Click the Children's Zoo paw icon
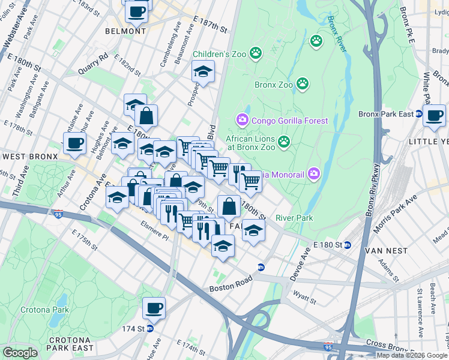pos(256,53)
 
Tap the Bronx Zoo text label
pos(273,85)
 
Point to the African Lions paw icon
pos(284,142)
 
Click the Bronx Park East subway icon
pos(419,113)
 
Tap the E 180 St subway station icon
pos(348,245)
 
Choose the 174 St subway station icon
pos(150,328)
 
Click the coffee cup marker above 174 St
pos(154,308)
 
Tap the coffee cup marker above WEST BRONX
pos(75,143)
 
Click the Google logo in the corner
pos(20,353)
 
